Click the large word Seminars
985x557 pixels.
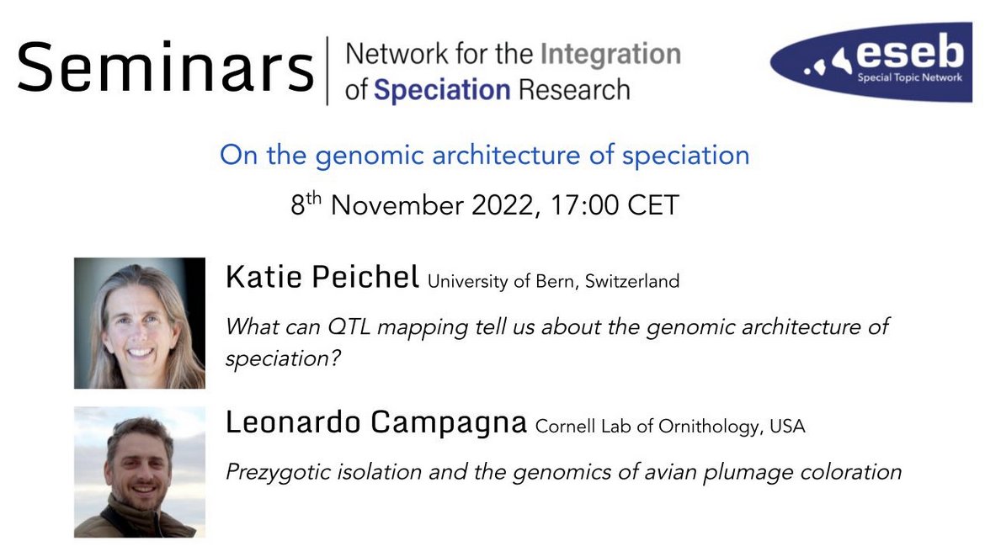(165, 66)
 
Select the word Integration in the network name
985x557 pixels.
(610, 55)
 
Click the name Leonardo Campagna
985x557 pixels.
(375, 424)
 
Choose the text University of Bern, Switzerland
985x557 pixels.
(553, 282)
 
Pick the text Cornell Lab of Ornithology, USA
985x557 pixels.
(670, 427)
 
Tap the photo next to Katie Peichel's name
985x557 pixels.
(140, 323)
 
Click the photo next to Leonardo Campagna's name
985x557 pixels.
(140, 472)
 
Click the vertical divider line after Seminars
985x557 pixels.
(327, 70)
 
